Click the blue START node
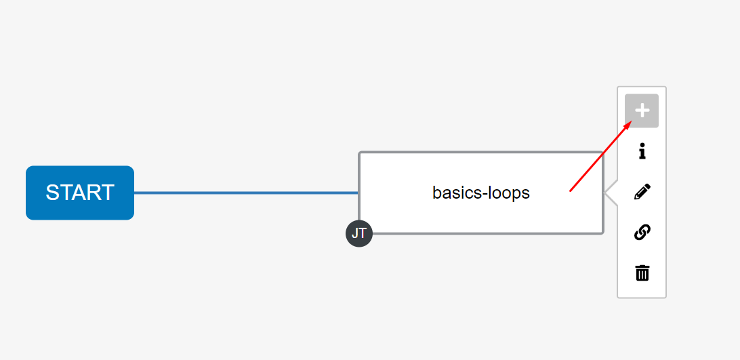[x=80, y=193]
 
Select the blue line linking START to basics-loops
[x=247, y=193]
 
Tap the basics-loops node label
[x=481, y=193]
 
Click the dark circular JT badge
[x=359, y=233]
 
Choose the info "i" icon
[x=642, y=151]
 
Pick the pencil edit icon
[x=642, y=192]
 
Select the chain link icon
[x=642, y=232]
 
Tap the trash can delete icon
[x=642, y=273]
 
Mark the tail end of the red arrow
[x=570, y=191]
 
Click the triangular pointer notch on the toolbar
[x=610, y=193]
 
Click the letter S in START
[x=52, y=193]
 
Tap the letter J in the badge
[x=355, y=233]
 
